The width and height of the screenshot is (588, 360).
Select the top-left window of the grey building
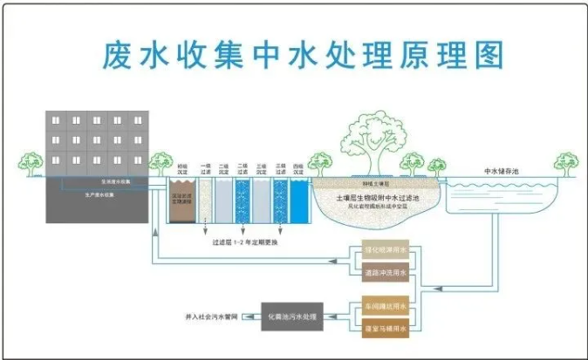(55, 119)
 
